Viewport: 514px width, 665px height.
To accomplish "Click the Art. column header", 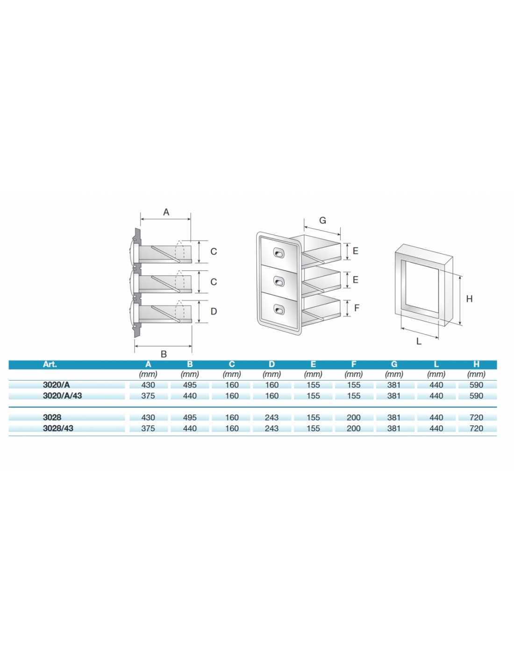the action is coord(50,364).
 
